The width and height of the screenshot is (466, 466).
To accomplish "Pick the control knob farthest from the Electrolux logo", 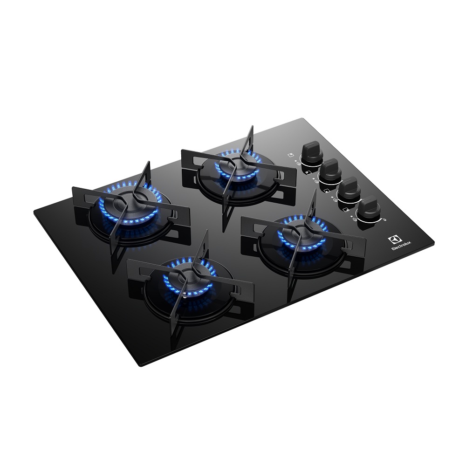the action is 311,152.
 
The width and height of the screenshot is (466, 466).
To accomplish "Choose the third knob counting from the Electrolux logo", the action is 330,170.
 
